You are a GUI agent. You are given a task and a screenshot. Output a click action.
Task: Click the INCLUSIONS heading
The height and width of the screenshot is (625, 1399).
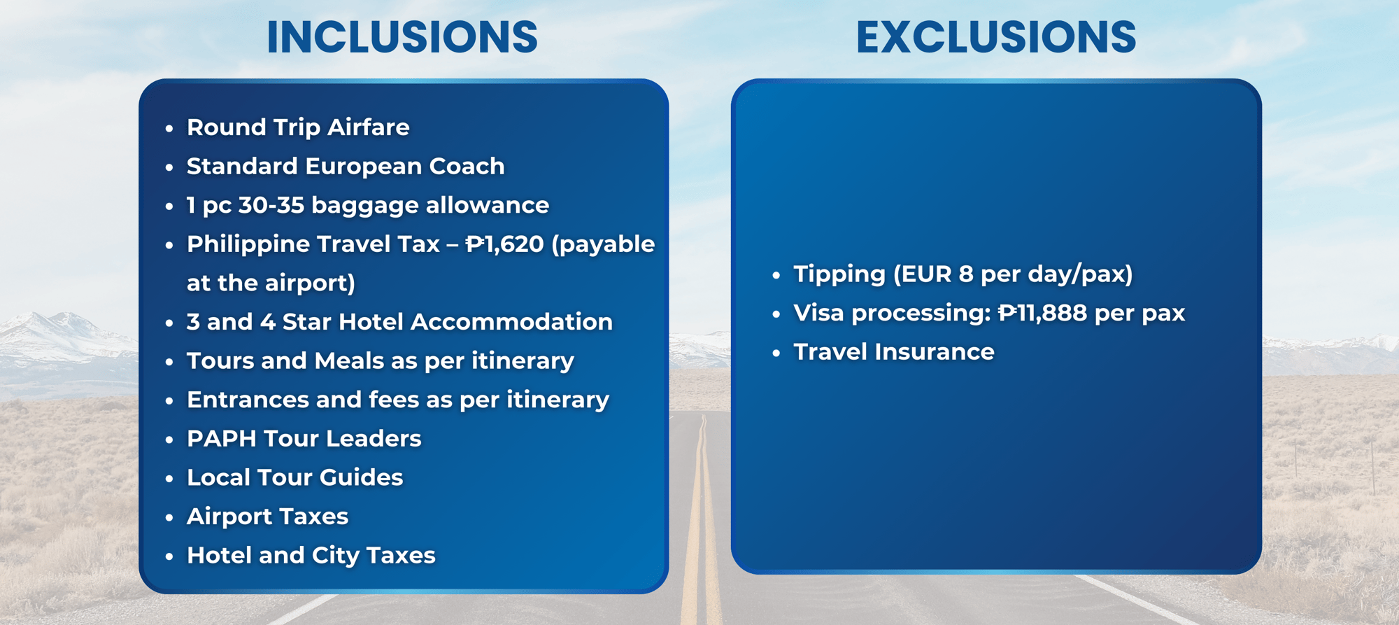click(402, 37)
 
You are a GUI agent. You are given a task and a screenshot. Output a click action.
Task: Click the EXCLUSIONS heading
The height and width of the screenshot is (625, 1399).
click(996, 37)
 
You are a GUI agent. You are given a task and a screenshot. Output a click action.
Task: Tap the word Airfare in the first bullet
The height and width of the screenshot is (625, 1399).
click(369, 127)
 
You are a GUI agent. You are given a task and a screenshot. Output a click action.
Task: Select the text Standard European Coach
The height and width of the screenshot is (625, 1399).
click(346, 167)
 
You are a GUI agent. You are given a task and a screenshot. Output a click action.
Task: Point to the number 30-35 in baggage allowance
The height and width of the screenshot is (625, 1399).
click(271, 205)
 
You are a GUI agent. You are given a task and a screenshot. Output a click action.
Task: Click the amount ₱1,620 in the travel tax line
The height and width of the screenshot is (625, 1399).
click(505, 244)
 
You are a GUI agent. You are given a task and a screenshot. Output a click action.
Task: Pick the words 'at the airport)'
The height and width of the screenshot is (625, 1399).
click(271, 283)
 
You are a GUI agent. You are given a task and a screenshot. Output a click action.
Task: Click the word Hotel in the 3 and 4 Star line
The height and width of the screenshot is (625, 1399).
click(371, 322)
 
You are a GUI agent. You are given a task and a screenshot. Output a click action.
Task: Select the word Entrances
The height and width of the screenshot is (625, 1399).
click(248, 400)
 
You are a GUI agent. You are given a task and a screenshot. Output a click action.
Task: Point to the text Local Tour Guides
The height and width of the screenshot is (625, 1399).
click(295, 477)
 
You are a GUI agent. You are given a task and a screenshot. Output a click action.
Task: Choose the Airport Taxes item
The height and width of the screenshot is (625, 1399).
click(268, 517)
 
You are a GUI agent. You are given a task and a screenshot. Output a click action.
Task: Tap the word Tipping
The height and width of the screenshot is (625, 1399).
click(839, 274)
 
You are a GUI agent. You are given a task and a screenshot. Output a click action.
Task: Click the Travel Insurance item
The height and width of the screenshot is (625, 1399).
click(894, 352)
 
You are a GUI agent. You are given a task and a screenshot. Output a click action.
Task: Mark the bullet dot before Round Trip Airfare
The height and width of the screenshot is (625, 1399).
click(169, 129)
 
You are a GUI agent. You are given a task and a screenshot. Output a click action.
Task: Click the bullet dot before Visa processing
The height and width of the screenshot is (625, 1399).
click(776, 314)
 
